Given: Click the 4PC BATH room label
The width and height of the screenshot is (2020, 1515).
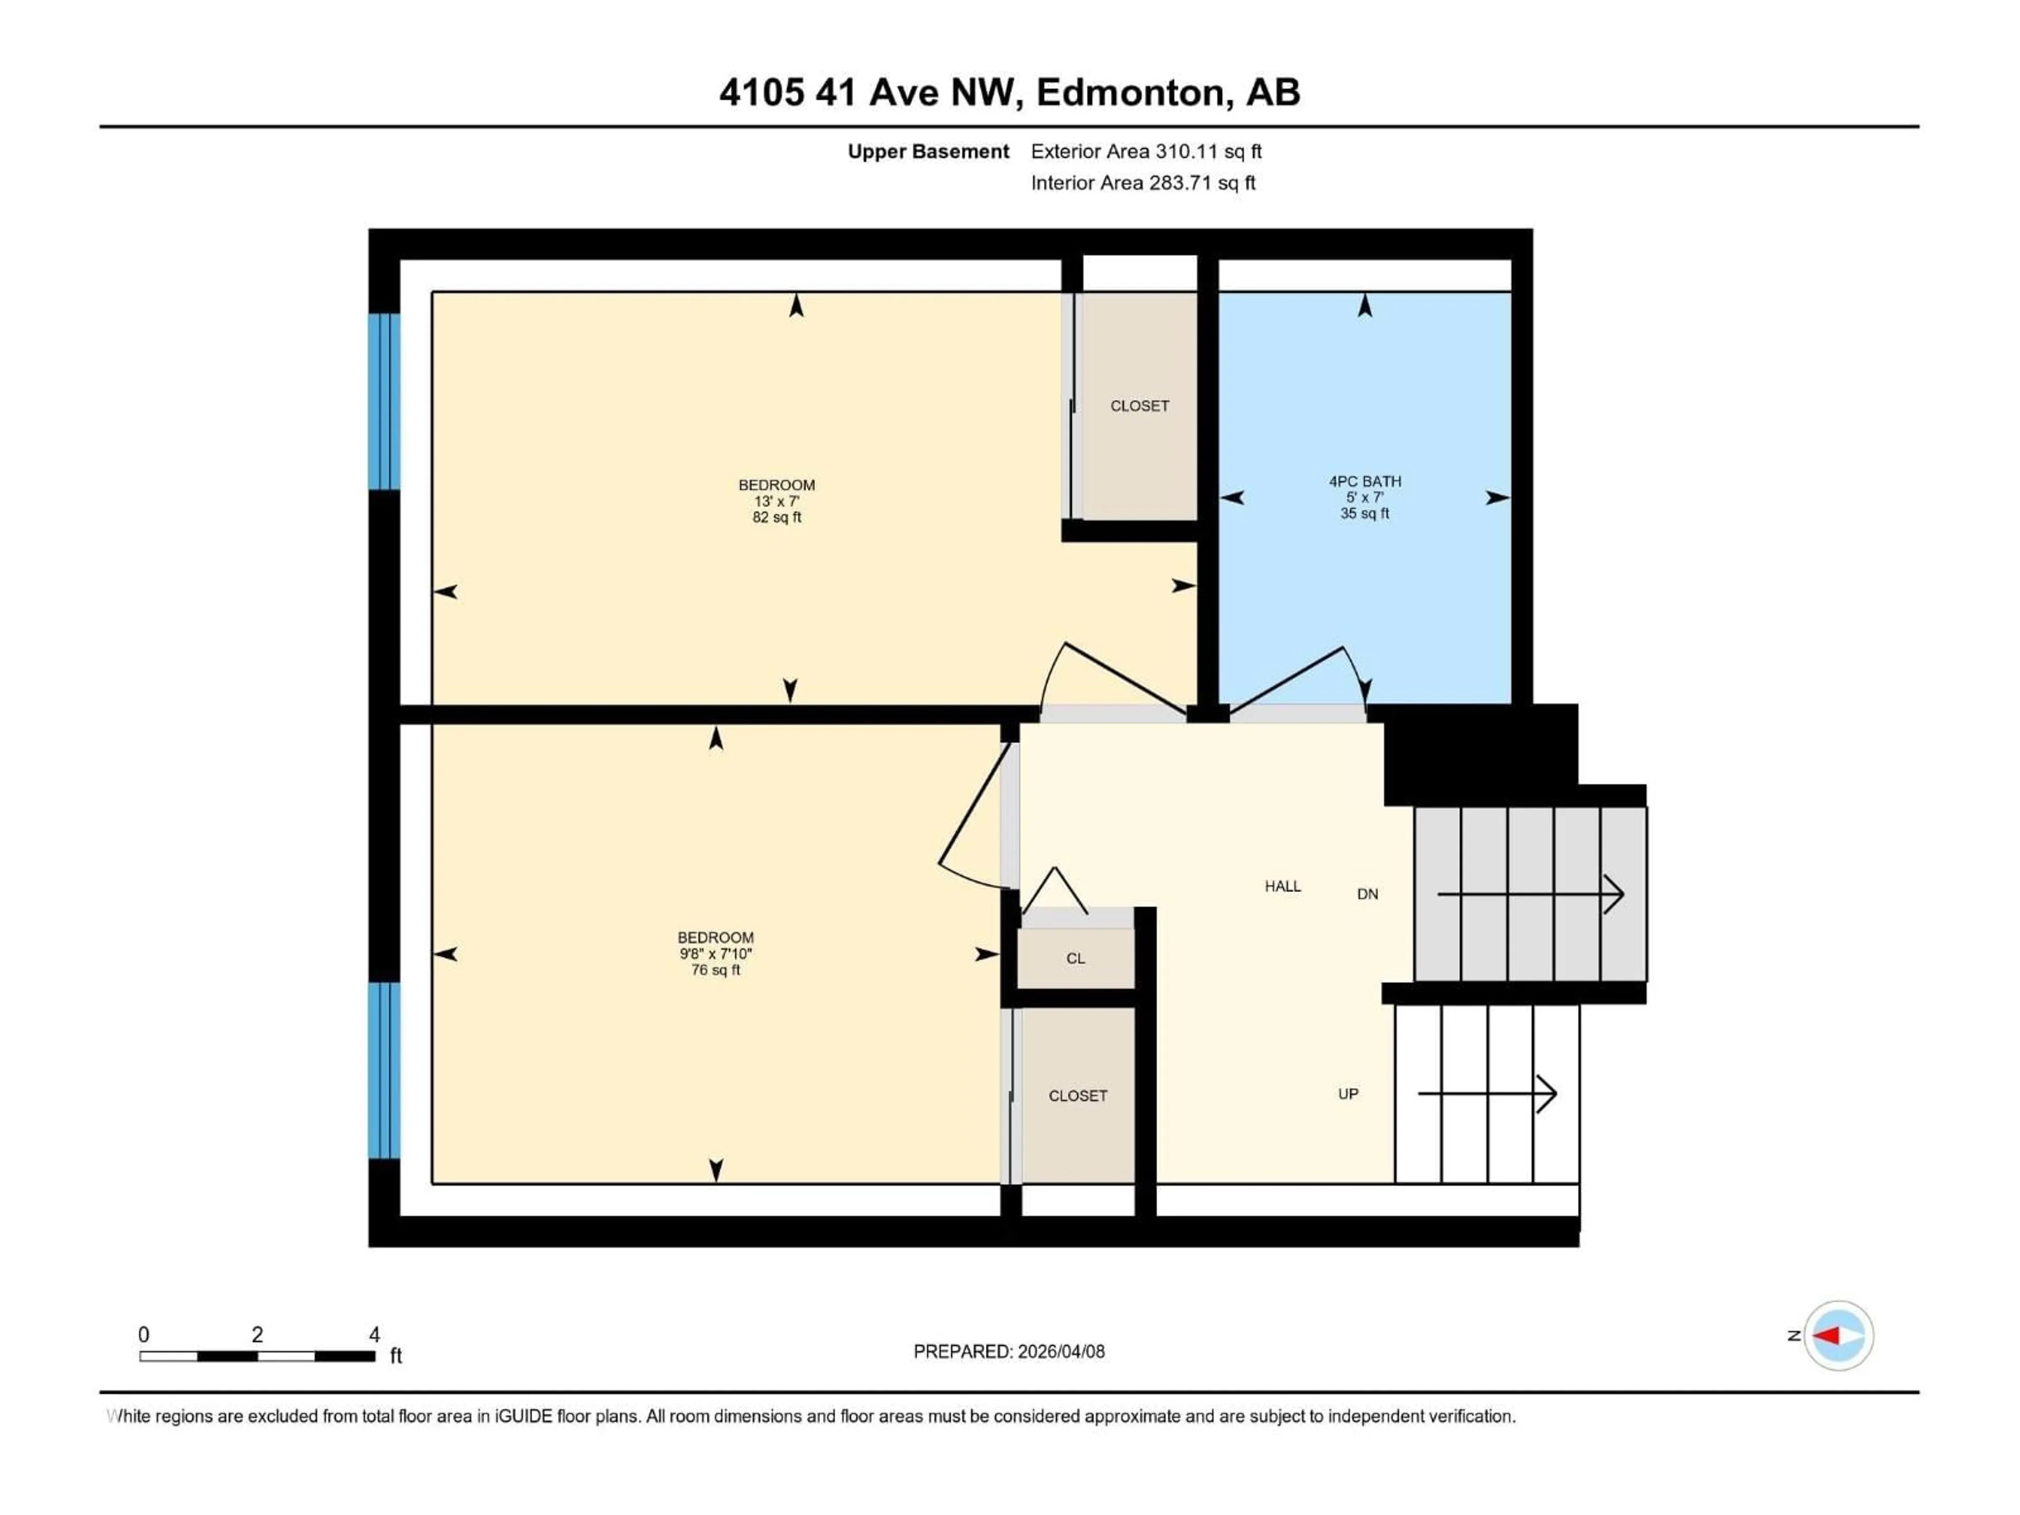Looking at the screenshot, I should pyautogui.click(x=1365, y=481).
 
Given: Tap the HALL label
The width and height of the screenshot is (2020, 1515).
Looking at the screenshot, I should pyautogui.click(x=1282, y=886).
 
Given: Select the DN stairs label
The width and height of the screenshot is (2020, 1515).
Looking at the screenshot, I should pyautogui.click(x=1367, y=894).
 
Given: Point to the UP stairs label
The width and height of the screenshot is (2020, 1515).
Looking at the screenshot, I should pyautogui.click(x=1348, y=1094).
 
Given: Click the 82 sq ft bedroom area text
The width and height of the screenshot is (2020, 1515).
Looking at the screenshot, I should pyautogui.click(x=776, y=518).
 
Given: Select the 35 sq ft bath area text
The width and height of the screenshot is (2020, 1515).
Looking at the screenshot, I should pyautogui.click(x=1365, y=514).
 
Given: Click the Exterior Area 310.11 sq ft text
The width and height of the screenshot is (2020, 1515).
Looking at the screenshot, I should pyautogui.click(x=1146, y=151).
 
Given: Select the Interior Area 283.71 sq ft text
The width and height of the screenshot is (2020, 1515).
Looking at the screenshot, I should pyautogui.click(x=1143, y=183).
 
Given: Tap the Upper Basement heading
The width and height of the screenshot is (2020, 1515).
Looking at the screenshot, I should pyautogui.click(x=928, y=151).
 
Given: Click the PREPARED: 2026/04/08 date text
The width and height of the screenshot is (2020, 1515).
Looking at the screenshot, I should pyautogui.click(x=1008, y=1351).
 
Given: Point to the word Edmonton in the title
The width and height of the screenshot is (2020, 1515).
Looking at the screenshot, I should pyautogui.click(x=1129, y=92).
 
